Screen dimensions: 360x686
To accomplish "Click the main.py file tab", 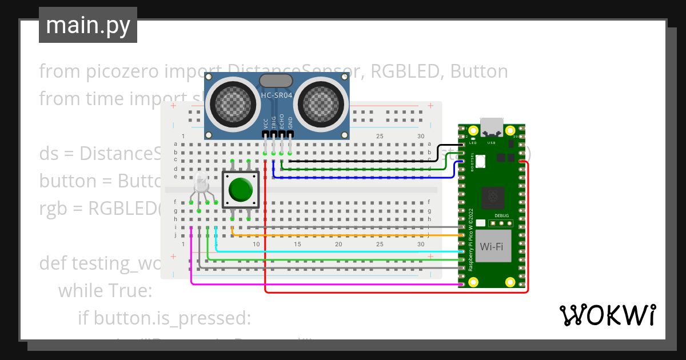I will pyautogui.click(x=87, y=25).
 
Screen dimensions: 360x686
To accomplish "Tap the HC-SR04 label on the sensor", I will pyautogui.click(x=277, y=95).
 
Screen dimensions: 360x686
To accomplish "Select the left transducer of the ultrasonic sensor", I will pyautogui.click(x=232, y=103).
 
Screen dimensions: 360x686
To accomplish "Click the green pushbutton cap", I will pyautogui.click(x=241, y=189).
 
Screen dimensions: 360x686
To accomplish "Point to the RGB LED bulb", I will pyautogui.click(x=201, y=183).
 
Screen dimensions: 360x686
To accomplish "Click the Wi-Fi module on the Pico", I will pyautogui.click(x=491, y=247).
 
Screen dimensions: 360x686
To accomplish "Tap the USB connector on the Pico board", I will pyautogui.click(x=492, y=125).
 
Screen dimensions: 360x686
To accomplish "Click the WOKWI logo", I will pyautogui.click(x=607, y=315).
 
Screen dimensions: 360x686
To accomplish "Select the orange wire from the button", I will pyautogui.click(x=343, y=235).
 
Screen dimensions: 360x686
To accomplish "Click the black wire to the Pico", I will pyautogui.click(x=366, y=161).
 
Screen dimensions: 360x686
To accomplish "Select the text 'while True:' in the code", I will pyautogui.click(x=105, y=291).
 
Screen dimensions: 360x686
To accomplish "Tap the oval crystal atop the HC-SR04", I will pyautogui.click(x=277, y=81).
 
